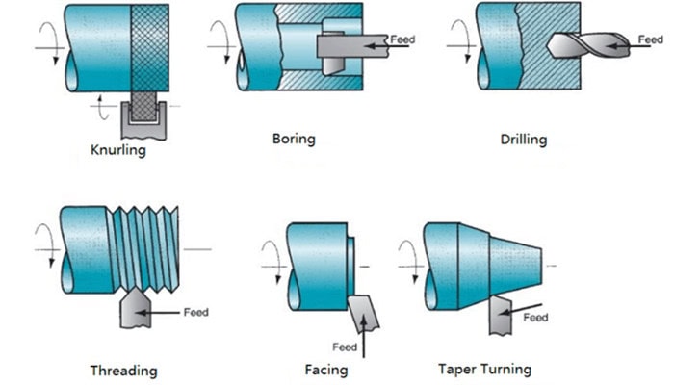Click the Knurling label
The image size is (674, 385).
click(118, 151)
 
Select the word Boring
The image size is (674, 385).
click(293, 139)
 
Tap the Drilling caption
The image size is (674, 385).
click(523, 140)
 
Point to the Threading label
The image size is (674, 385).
click(123, 370)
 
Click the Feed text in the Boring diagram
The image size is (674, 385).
click(402, 39)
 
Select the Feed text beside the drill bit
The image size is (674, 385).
click(651, 39)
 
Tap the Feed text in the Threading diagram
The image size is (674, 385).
click(196, 312)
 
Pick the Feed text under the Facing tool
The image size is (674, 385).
click(345, 346)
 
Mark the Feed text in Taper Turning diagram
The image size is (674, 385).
click(535, 317)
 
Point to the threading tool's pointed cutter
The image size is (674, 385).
click(134, 309)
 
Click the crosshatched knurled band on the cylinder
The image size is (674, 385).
click(150, 48)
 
